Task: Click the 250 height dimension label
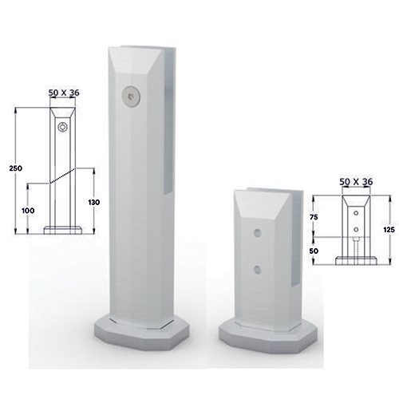coord(16,168)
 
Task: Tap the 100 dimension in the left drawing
coord(28,211)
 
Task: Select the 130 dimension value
coord(94,202)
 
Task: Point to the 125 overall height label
coord(389,229)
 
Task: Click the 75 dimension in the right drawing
coord(314,217)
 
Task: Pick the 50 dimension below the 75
coord(314,251)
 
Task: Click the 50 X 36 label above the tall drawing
coord(64,93)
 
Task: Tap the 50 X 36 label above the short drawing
coord(356,182)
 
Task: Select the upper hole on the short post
coord(258,233)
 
